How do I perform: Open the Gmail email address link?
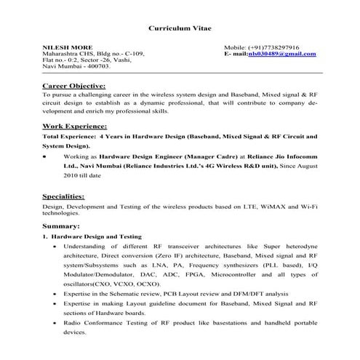281,54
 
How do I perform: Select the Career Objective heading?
74,86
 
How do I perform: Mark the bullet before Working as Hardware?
46,156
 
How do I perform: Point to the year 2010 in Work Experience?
71,175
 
